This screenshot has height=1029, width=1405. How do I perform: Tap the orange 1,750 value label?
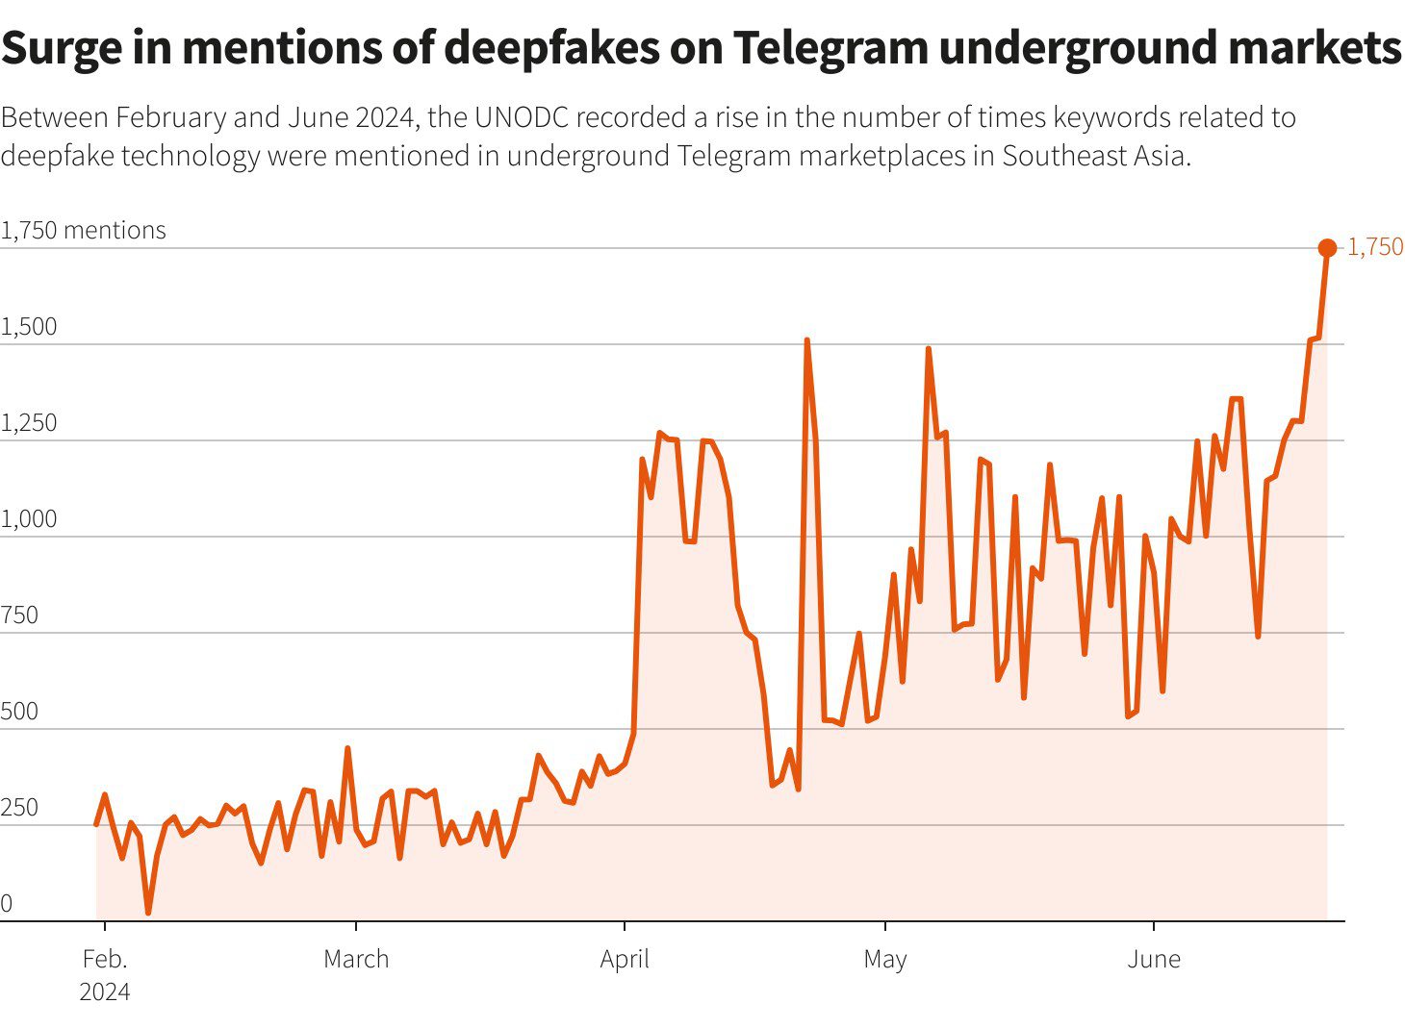pyautogui.click(x=1374, y=247)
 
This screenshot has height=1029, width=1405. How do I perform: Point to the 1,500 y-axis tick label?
pyautogui.click(x=29, y=326)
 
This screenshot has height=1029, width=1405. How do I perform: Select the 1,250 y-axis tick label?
pyautogui.click(x=29, y=422)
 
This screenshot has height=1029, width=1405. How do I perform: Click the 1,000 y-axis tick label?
pyautogui.click(x=29, y=518)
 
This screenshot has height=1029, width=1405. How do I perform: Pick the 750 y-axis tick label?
pyautogui.click(x=19, y=615)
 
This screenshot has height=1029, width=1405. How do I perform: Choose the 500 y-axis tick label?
pyautogui.click(x=19, y=711)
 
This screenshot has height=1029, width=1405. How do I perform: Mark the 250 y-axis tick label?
pyautogui.click(x=19, y=807)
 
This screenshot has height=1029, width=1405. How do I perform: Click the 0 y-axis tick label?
pyautogui.click(x=7, y=903)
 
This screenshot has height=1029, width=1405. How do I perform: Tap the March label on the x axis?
pyautogui.click(x=356, y=959)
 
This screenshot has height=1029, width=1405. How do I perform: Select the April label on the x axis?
pyautogui.click(x=625, y=959)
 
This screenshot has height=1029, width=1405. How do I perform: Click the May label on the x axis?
pyautogui.click(x=884, y=959)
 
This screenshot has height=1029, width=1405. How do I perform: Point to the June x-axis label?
pyautogui.click(x=1153, y=959)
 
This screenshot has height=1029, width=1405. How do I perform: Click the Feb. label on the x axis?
pyautogui.click(x=104, y=959)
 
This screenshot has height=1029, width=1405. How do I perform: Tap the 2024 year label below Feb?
pyautogui.click(x=104, y=991)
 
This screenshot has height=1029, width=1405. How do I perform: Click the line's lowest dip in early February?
pyautogui.click(x=148, y=912)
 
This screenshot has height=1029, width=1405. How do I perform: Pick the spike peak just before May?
pyautogui.click(x=806, y=340)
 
